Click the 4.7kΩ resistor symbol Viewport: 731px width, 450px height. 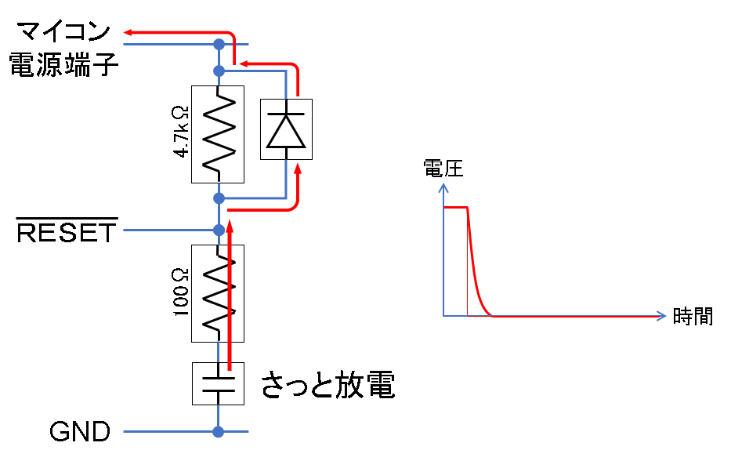pyautogui.click(x=218, y=134)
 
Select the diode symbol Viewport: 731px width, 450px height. pyautogui.click(x=285, y=129)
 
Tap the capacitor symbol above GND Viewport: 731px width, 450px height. pyautogui.click(x=218, y=383)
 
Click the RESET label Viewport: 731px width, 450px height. pyautogui.click(x=67, y=231)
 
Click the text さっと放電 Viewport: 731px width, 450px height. pyautogui.click(x=328, y=386)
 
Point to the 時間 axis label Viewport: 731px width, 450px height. pyautogui.click(x=693, y=317)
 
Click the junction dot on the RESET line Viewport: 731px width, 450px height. pyautogui.click(x=219, y=230)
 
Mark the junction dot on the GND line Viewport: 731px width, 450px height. pyautogui.click(x=219, y=432)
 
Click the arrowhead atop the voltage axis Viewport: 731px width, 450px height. pyautogui.click(x=443, y=188)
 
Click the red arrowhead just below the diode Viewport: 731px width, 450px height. pyautogui.click(x=297, y=167)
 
